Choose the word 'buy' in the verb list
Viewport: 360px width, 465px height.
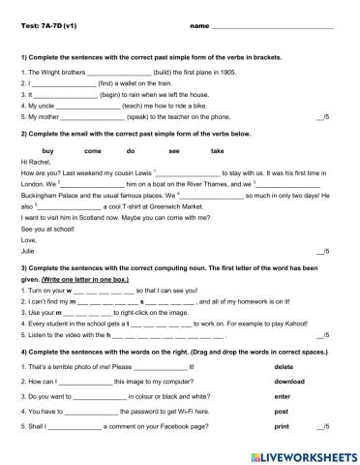48,151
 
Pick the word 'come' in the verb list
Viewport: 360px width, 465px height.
93,151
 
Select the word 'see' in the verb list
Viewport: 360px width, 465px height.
174,151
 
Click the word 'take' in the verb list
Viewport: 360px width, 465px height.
217,151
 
